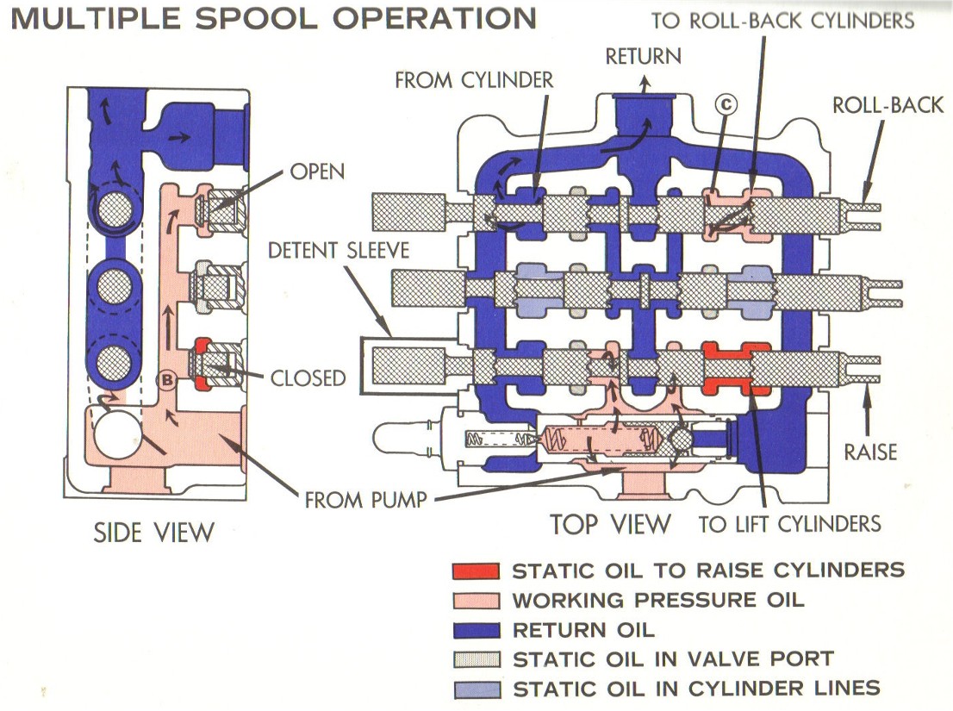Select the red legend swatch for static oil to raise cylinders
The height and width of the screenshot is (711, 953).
[475, 571]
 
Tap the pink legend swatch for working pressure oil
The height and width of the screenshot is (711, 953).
[475, 601]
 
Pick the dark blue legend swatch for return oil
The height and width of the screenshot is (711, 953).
[475, 630]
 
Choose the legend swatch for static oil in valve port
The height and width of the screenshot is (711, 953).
[475, 660]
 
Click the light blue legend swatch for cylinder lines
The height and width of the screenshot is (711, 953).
[475, 689]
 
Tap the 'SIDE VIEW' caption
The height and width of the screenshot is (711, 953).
[153, 533]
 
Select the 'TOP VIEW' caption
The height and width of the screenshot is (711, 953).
[609, 523]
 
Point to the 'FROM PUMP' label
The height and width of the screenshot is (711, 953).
[364, 498]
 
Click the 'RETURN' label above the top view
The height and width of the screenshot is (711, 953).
[643, 57]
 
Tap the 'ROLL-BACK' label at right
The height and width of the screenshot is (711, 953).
[888, 106]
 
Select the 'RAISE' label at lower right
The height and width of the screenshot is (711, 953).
[870, 452]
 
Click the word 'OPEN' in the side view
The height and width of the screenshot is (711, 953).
[317, 172]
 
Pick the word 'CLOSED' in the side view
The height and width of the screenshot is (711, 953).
[308, 377]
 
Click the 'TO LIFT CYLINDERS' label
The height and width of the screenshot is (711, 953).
[789, 523]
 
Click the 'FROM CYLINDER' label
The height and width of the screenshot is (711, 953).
[474, 80]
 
